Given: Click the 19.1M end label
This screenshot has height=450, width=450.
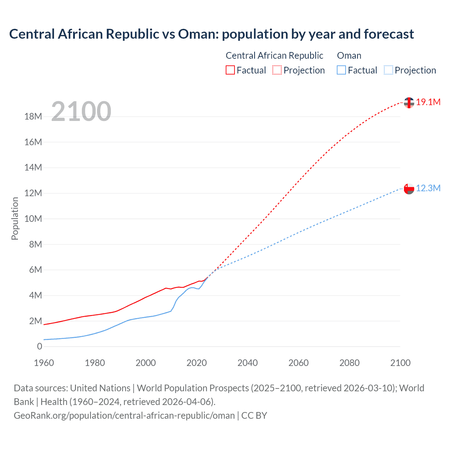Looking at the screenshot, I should [x=428, y=102].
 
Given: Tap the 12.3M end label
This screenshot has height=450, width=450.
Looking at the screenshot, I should [x=428, y=188].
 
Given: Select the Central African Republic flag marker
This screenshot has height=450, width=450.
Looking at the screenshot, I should [x=409, y=103].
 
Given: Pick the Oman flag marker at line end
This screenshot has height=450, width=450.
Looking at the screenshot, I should [x=409, y=189].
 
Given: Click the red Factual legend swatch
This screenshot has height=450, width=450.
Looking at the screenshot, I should [x=230, y=70].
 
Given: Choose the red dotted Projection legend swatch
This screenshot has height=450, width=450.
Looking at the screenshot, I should [x=277, y=70].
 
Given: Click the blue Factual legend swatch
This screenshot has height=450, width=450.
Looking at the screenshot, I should [x=341, y=70].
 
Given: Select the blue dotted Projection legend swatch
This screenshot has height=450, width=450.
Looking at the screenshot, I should [x=388, y=70].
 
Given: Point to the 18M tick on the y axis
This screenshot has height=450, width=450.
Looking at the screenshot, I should [x=33, y=117].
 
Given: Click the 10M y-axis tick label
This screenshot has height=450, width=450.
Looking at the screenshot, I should [x=33, y=219].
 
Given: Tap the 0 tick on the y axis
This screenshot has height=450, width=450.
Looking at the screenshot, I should [x=39, y=347].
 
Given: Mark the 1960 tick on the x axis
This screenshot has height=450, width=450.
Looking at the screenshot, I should [x=44, y=363].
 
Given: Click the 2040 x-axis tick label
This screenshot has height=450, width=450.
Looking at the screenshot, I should [x=247, y=363].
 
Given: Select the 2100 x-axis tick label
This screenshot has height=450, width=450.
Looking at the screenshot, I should [x=400, y=363].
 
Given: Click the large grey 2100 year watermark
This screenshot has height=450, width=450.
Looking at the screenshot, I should [x=81, y=111].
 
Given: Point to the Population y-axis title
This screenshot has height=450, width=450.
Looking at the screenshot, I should [x=15, y=219].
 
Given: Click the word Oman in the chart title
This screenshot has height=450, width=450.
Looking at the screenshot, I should [x=197, y=34].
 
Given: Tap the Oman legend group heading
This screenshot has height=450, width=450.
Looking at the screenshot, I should [x=349, y=56].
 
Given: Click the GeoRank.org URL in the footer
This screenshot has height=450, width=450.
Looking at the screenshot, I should [x=124, y=416].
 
